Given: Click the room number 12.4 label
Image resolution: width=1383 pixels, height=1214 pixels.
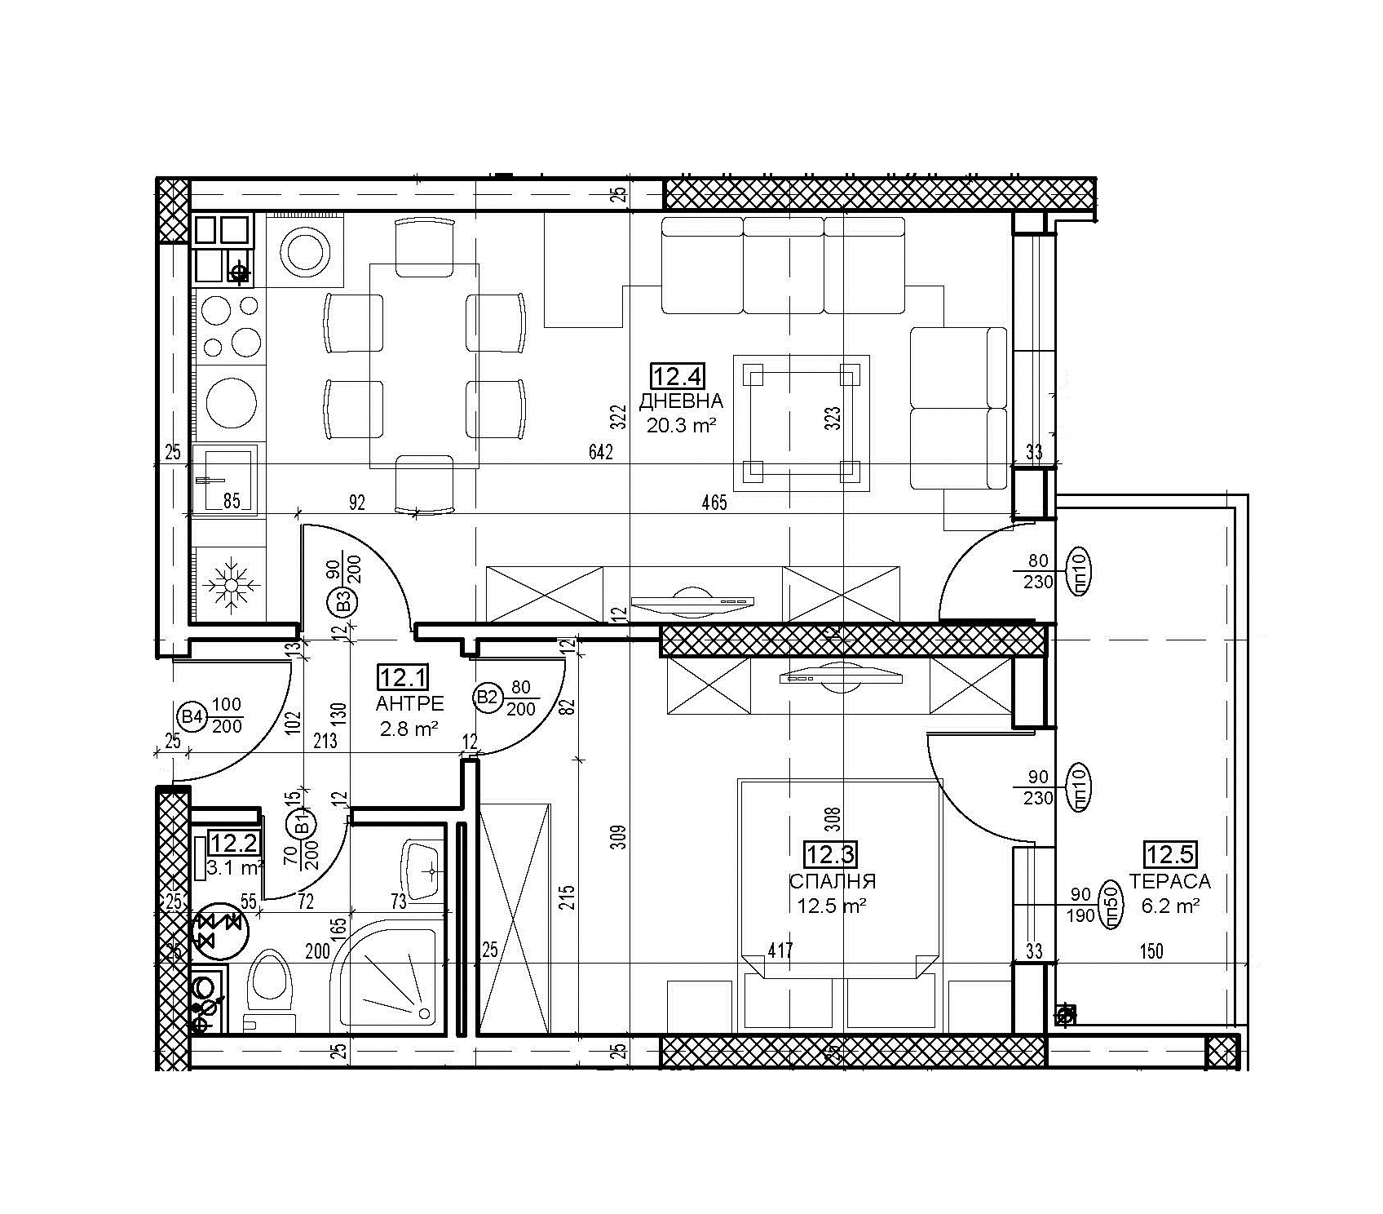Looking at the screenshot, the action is pyautogui.click(x=677, y=376).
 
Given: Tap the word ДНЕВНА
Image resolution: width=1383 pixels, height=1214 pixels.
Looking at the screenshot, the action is pyautogui.click(x=681, y=401).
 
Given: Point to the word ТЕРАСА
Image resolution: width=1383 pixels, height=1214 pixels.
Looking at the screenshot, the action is pyautogui.click(x=1169, y=881).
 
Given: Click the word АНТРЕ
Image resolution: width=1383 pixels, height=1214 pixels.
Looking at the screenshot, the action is pyautogui.click(x=409, y=703).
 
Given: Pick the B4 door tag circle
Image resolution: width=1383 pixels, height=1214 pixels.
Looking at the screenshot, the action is pyautogui.click(x=192, y=717).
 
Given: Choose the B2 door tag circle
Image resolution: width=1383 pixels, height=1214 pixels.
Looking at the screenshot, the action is pyautogui.click(x=487, y=697).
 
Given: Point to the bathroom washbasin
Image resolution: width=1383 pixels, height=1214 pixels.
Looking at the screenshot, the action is pyautogui.click(x=422, y=871).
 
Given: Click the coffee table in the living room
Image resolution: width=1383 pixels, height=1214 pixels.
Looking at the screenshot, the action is pyautogui.click(x=802, y=423).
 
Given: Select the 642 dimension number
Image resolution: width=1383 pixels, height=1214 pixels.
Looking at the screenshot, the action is pyautogui.click(x=599, y=452).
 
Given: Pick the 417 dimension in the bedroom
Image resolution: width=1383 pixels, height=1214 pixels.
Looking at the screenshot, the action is pyautogui.click(x=780, y=950).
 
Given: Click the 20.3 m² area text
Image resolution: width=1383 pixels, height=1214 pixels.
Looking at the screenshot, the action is pyautogui.click(x=681, y=425).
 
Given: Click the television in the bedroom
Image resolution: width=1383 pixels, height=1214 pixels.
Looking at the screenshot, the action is pyautogui.click(x=840, y=676).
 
